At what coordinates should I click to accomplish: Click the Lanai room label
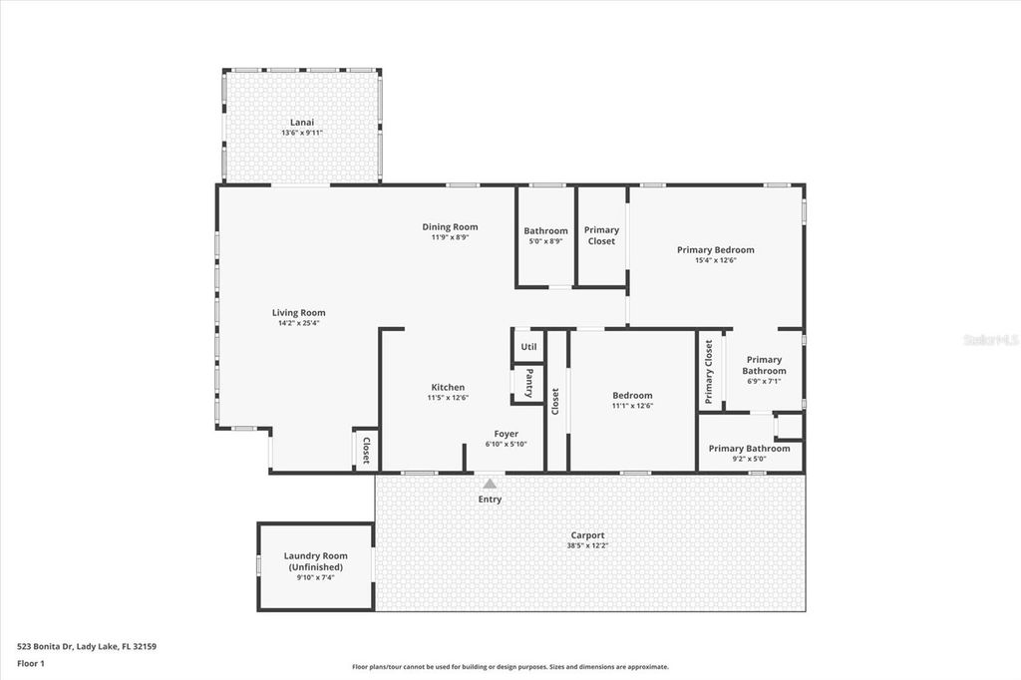(301, 122)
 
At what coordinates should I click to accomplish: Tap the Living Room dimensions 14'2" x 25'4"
(299, 323)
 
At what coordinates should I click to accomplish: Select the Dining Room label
(450, 226)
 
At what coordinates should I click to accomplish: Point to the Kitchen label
(448, 387)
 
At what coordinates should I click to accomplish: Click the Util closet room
(528, 347)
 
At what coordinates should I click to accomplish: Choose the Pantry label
(528, 383)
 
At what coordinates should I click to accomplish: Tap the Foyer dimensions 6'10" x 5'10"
(507, 445)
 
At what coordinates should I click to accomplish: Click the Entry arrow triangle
(490, 484)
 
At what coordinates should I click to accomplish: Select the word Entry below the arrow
(490, 500)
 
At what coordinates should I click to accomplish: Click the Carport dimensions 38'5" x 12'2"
(588, 546)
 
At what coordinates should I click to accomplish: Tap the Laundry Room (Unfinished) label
(315, 561)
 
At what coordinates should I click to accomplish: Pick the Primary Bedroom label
(715, 249)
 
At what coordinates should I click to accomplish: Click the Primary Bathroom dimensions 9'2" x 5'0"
(749, 460)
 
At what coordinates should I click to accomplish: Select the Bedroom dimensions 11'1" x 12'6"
(632, 406)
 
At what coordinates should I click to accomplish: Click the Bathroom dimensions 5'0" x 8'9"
(545, 241)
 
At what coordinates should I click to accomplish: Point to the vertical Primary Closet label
(709, 371)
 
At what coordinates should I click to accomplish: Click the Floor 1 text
(31, 663)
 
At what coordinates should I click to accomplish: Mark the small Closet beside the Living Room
(365, 450)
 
